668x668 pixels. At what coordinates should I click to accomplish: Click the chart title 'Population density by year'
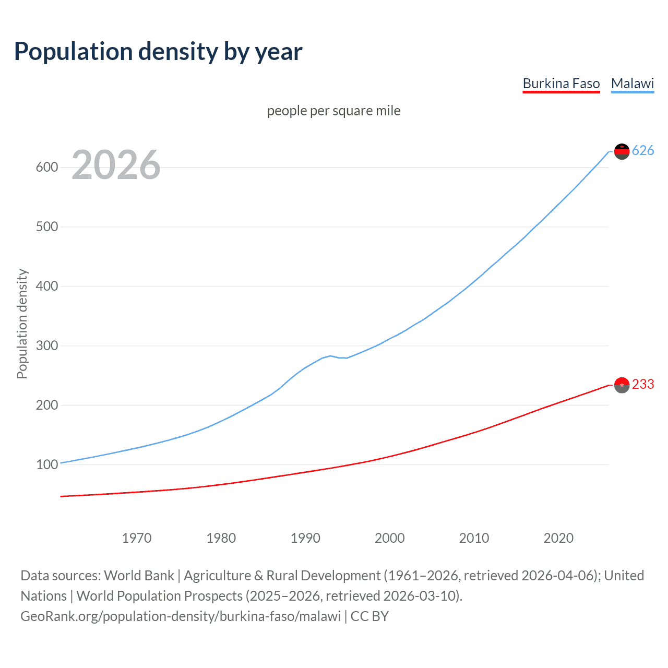[x=158, y=52]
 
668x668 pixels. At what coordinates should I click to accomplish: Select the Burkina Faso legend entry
[x=561, y=83]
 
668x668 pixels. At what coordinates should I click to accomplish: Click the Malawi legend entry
[x=632, y=83]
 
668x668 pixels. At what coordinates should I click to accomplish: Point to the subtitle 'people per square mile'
[x=333, y=111]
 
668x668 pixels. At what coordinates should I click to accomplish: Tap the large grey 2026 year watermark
[x=116, y=165]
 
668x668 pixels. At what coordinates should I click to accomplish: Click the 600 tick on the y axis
[x=46, y=168]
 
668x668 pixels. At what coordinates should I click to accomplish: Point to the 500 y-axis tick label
[x=46, y=227]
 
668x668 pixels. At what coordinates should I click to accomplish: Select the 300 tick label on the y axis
[x=46, y=346]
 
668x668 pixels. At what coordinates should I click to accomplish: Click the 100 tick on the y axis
[x=46, y=464]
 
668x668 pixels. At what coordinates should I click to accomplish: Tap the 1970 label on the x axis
[x=137, y=538]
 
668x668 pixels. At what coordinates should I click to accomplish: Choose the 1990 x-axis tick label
[x=305, y=538]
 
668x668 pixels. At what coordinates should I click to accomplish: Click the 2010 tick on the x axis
[x=474, y=538]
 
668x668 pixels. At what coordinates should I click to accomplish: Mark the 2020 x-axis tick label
[x=558, y=538]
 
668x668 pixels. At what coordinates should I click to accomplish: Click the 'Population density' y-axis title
[x=22, y=324]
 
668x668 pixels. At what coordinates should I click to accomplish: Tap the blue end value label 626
[x=643, y=151]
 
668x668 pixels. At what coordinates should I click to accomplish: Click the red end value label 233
[x=643, y=385]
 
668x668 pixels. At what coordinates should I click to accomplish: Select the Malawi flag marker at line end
[x=622, y=151]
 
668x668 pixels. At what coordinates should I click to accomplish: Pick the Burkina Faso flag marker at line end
[x=622, y=385]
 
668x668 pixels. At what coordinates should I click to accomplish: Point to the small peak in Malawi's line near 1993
[x=330, y=355]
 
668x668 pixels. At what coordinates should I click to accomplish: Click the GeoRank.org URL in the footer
[x=181, y=616]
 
